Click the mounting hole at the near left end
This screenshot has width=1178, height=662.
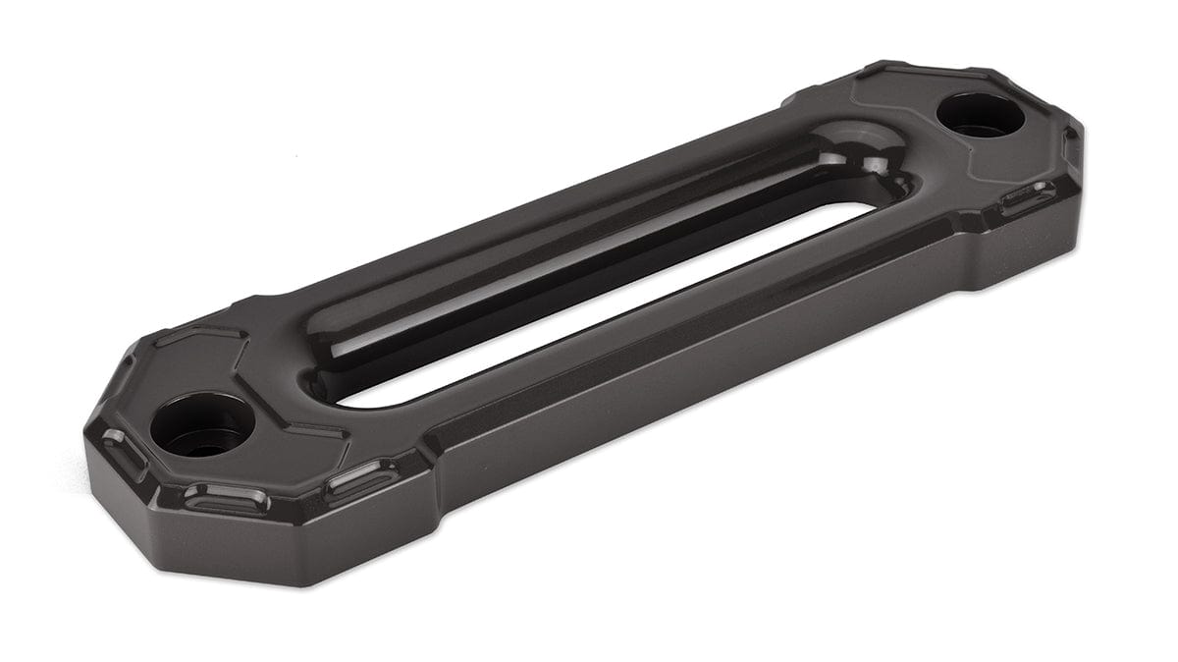coord(202,424)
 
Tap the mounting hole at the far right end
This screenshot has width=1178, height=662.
coord(980,114)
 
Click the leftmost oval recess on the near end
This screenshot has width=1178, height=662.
coord(124,453)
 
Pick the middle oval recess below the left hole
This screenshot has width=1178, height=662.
coord(226,499)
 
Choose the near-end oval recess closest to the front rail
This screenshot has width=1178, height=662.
coord(362,478)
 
